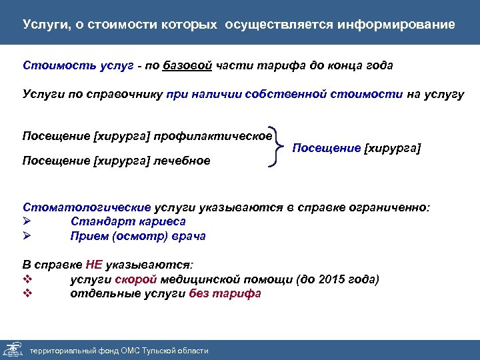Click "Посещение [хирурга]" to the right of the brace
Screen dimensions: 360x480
[x=357, y=148]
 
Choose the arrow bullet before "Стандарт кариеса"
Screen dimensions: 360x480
[x=27, y=221]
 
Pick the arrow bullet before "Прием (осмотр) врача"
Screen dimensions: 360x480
[x=27, y=236]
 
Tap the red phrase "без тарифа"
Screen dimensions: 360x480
[x=225, y=294]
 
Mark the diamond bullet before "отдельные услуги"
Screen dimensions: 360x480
[x=27, y=294]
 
